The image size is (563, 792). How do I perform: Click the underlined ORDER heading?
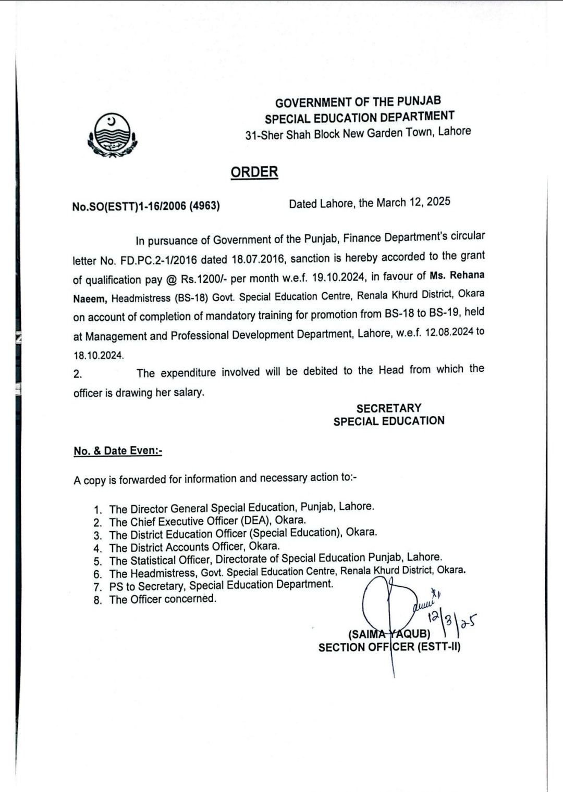(x=254, y=172)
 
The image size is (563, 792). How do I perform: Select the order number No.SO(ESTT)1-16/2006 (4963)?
(x=146, y=206)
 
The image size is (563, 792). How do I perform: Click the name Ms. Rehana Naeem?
(x=457, y=275)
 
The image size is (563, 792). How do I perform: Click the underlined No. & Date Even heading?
(x=118, y=451)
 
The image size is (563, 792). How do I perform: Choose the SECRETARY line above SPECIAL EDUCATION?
(x=389, y=408)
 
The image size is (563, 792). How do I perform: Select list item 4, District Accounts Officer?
(x=194, y=547)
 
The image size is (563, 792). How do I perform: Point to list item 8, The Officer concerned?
(x=162, y=599)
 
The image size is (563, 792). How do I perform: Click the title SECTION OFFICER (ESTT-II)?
(x=389, y=647)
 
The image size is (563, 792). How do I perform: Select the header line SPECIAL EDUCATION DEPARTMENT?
(x=359, y=117)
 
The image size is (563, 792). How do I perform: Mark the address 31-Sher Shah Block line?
(x=358, y=133)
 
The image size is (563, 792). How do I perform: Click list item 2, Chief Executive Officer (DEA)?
(x=207, y=521)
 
